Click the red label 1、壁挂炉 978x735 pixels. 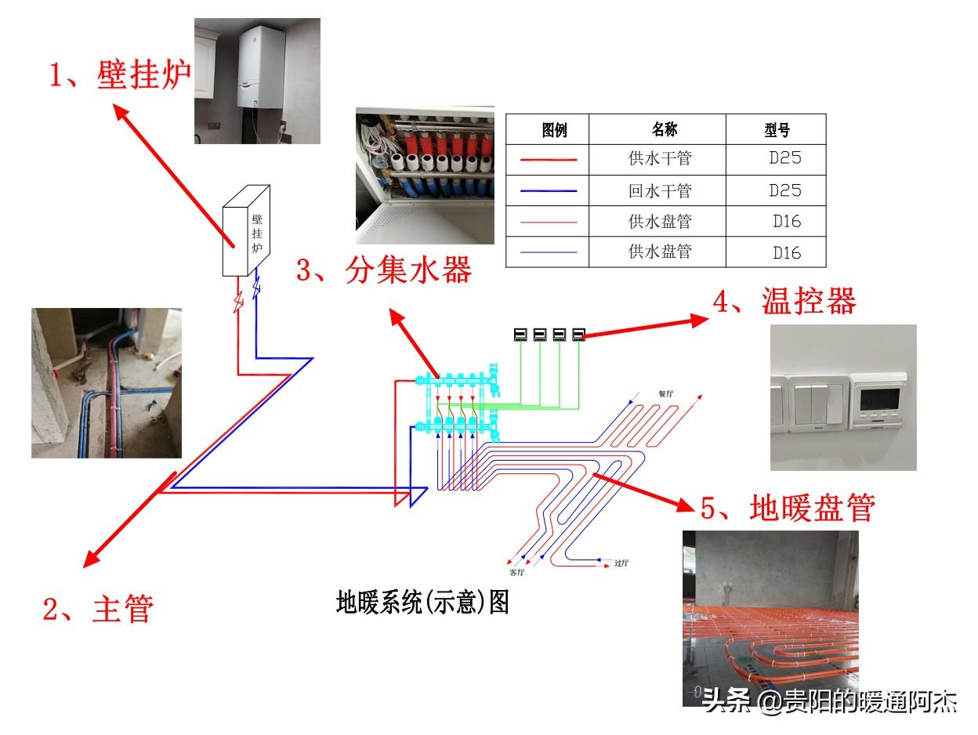pyautogui.click(x=121, y=76)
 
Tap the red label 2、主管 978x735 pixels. pyautogui.click(x=97, y=608)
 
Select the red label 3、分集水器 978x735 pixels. pyautogui.click(x=384, y=271)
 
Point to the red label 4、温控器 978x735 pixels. pyautogui.click(x=784, y=302)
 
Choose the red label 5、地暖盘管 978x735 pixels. pyautogui.click(x=788, y=508)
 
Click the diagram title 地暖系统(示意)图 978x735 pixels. pyautogui.click(x=422, y=602)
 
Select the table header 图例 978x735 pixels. pyautogui.click(x=554, y=129)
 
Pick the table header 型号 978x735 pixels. pyautogui.click(x=777, y=129)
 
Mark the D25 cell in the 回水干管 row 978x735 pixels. pyautogui.click(x=784, y=190)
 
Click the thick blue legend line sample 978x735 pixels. pyautogui.click(x=549, y=191)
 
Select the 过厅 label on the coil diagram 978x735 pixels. pyautogui.click(x=623, y=562)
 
